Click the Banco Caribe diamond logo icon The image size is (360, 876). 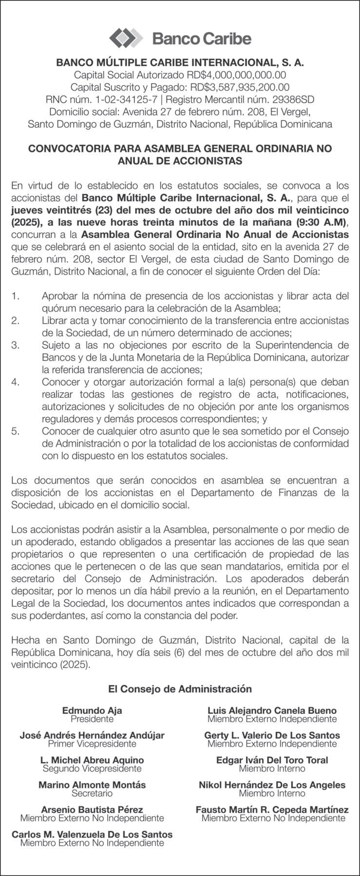[126, 38]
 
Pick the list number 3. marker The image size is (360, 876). [16, 345]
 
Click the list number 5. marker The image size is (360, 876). [16, 431]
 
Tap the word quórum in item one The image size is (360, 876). [59, 308]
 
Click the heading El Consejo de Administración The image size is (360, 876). [180, 689]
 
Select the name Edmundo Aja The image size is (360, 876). [92, 710]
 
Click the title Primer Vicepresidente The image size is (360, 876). [92, 744]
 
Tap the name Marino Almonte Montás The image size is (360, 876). [92, 784]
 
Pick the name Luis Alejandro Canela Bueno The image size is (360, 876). [272, 710]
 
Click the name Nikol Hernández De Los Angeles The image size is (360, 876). [272, 784]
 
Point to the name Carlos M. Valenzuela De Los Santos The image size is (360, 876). [92, 834]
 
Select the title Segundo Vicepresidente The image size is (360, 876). [92, 768]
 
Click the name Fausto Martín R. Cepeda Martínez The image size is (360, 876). [272, 809]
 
